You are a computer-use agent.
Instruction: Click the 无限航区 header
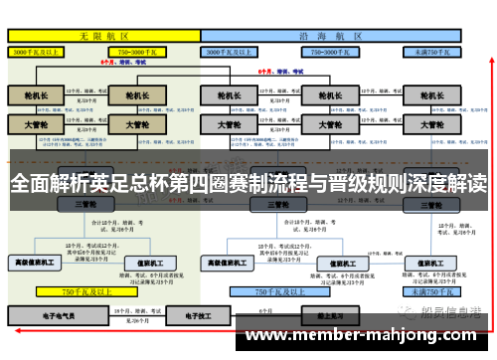[104, 35]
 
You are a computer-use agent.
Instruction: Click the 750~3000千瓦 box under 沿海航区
[332, 50]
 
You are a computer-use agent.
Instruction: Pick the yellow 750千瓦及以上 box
[85, 292]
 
